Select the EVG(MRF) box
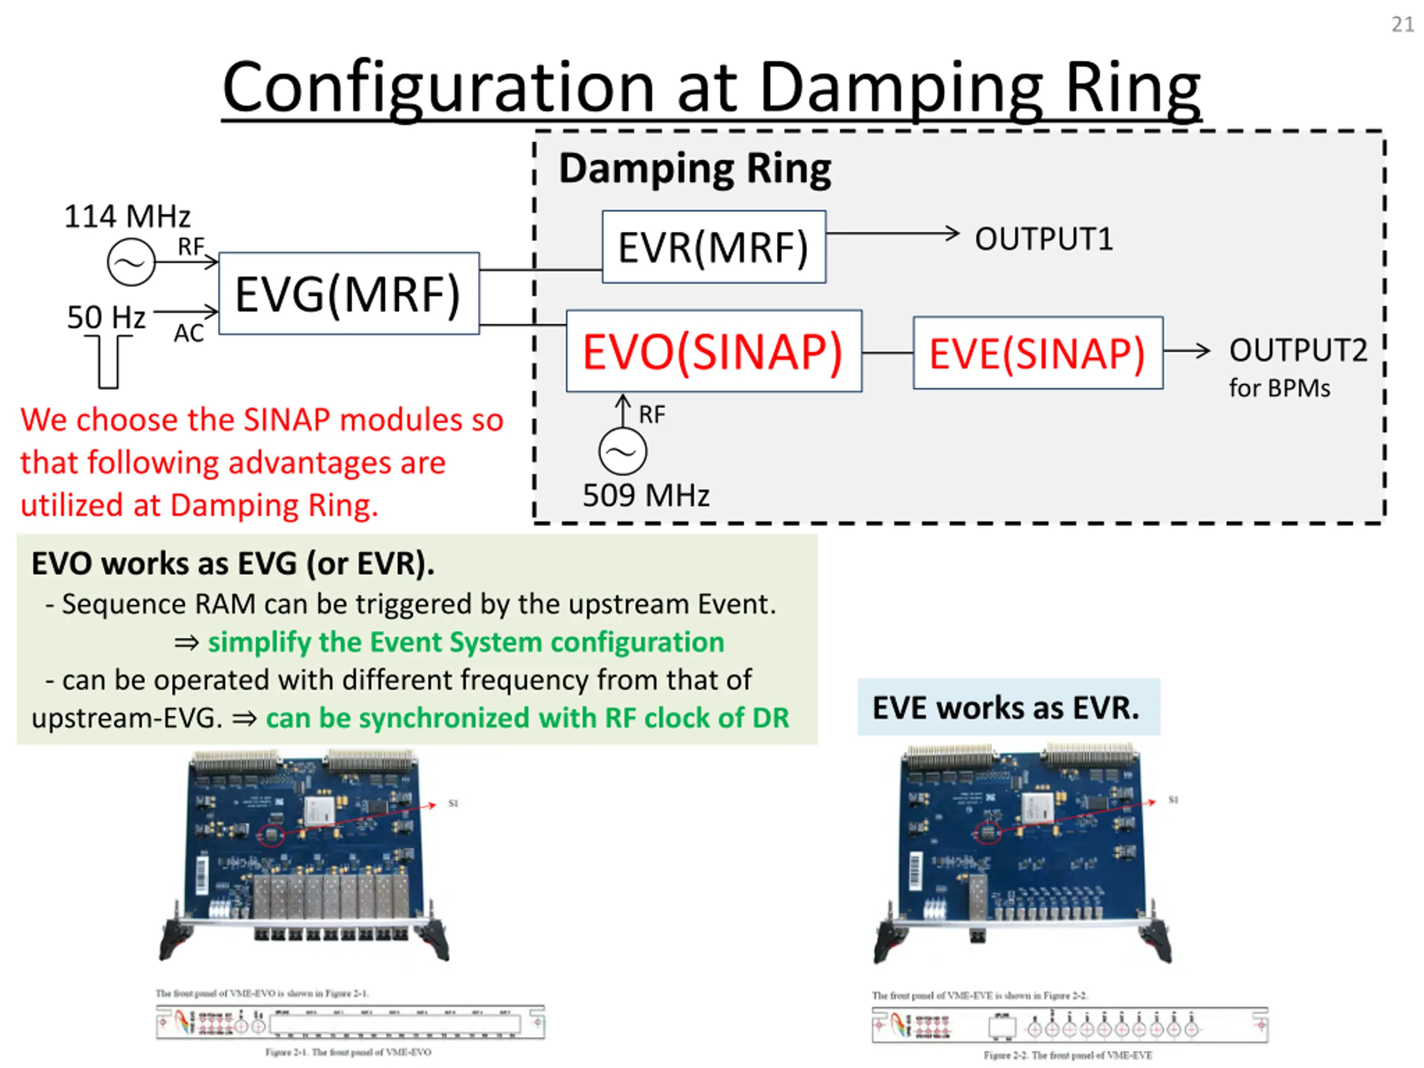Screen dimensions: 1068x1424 click(x=348, y=294)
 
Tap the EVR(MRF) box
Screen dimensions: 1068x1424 click(x=713, y=247)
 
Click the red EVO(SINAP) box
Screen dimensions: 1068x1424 click(x=713, y=352)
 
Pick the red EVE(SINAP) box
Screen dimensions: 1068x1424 click(x=1037, y=353)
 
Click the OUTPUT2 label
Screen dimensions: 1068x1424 click(x=1297, y=350)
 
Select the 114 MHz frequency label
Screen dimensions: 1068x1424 click(x=127, y=216)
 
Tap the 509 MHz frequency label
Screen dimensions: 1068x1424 click(x=646, y=496)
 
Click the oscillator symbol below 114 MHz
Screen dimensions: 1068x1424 click(x=131, y=263)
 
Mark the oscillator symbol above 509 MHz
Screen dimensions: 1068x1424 click(x=622, y=451)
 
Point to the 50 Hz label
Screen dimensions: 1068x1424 click(x=106, y=317)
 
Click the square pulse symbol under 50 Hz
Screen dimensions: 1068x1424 click(x=109, y=364)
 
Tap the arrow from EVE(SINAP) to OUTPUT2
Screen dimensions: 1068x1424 click(x=1186, y=351)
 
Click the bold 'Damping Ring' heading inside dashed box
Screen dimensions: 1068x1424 click(x=695, y=169)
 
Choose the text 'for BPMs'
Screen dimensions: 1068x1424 click(x=1278, y=388)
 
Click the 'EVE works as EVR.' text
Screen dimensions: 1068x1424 click(x=1006, y=708)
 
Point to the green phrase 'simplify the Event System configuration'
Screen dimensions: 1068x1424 click(x=466, y=642)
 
